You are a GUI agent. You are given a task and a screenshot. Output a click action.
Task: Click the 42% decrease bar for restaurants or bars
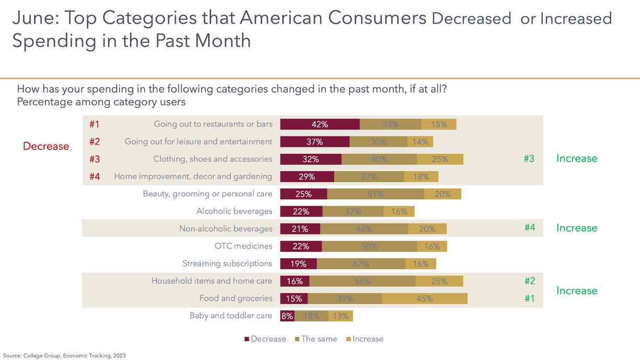pyautogui.click(x=319, y=124)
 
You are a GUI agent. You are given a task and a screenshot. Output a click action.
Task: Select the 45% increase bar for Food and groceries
pyautogui.click(x=425, y=298)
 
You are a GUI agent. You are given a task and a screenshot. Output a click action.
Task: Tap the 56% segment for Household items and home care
pyautogui.click(x=362, y=281)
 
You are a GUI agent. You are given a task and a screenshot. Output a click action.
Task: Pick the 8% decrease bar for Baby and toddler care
pyautogui.click(x=287, y=316)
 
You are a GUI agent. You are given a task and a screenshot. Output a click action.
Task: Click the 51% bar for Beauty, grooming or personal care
pyautogui.click(x=375, y=194)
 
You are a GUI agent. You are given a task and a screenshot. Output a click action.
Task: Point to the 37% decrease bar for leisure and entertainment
pyautogui.click(x=315, y=142)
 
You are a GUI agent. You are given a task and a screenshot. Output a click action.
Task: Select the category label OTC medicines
pyautogui.click(x=243, y=246)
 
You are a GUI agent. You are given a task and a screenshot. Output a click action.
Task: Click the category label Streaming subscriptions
pyautogui.click(x=227, y=263)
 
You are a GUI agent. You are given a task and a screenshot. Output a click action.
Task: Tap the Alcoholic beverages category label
pyautogui.click(x=234, y=211)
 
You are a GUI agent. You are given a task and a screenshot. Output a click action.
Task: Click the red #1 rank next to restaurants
pyautogui.click(x=94, y=124)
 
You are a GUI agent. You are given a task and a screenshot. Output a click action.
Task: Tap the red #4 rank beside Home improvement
pyautogui.click(x=94, y=176)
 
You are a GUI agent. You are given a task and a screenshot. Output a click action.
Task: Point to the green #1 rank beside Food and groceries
pyautogui.click(x=530, y=298)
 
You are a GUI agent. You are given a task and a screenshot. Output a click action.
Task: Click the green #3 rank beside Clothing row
pyautogui.click(x=529, y=159)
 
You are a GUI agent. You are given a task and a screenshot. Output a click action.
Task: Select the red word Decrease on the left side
pyautogui.click(x=46, y=147)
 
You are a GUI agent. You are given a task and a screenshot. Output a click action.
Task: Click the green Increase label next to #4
pyautogui.click(x=576, y=228)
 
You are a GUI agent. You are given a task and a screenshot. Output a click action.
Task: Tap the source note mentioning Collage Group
pyautogui.click(x=64, y=355)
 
